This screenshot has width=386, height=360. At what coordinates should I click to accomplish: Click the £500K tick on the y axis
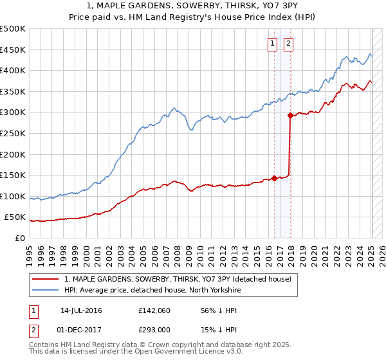click(13, 29)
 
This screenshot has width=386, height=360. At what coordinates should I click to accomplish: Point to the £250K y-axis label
click(13, 133)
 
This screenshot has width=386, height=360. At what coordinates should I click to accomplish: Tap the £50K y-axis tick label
click(15, 217)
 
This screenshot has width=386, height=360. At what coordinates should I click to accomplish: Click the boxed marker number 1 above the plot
click(272, 44)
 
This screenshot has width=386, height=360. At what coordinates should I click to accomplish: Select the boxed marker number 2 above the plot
click(288, 44)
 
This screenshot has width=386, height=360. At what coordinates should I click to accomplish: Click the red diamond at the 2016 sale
click(275, 178)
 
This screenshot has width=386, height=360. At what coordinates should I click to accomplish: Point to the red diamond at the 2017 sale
click(290, 116)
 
